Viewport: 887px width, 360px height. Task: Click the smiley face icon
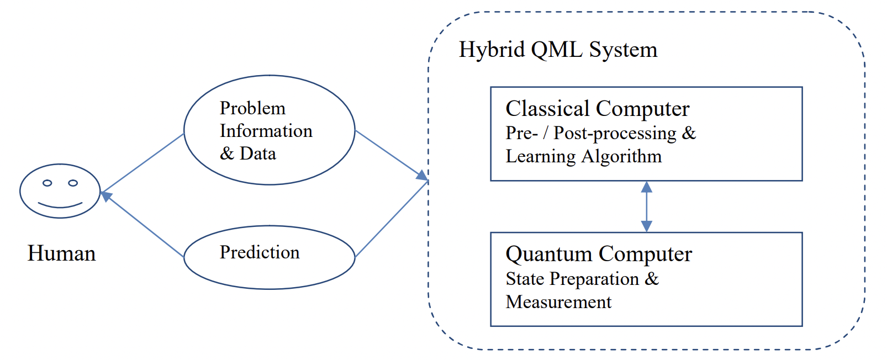[x=60, y=191]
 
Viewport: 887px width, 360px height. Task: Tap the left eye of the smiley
[x=47, y=183]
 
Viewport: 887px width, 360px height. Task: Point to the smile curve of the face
[x=60, y=206]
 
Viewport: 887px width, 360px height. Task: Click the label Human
[x=61, y=253]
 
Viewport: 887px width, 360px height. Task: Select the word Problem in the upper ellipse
[x=252, y=108]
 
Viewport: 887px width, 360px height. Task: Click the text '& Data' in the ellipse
[x=247, y=153]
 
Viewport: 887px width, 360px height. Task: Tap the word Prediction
[x=260, y=252]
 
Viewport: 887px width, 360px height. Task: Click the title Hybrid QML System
[x=558, y=50]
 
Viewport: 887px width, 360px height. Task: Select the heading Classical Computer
[x=597, y=109]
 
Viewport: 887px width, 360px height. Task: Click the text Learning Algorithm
[x=583, y=156]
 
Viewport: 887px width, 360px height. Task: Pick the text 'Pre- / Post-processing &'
[x=600, y=133]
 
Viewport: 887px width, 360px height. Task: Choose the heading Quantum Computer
[x=598, y=254]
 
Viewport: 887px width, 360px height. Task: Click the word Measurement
[x=558, y=302]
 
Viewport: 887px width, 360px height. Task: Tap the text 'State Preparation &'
[x=582, y=279]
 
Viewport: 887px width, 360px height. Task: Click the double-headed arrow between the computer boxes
[x=646, y=207]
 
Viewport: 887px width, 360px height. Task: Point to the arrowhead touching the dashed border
[x=423, y=176]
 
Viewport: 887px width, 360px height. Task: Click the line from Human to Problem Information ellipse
[x=142, y=163]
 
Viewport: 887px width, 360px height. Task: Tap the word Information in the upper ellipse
[x=266, y=131]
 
